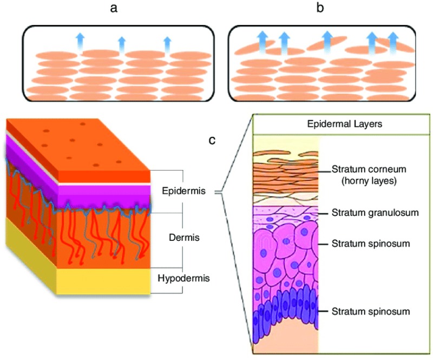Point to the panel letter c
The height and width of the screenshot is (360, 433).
(213, 140)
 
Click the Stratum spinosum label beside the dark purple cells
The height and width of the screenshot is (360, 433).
(371, 311)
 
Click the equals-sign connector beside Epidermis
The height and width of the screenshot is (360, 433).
(219, 193)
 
